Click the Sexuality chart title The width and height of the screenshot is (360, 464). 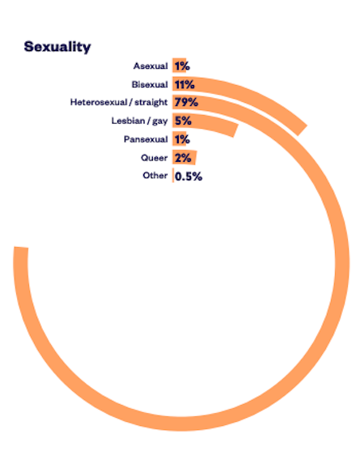tap(57, 47)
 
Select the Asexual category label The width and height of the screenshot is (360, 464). tap(150, 66)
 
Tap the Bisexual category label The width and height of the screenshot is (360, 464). tap(150, 84)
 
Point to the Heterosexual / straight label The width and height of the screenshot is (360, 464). tap(119, 102)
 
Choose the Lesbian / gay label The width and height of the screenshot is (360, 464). tap(139, 121)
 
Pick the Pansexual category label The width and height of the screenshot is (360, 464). tap(146, 139)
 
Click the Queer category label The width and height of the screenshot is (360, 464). tap(155, 158)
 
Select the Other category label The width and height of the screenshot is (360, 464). tap(155, 176)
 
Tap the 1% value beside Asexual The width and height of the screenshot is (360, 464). tap(182, 66)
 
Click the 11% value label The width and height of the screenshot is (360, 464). tap(184, 84)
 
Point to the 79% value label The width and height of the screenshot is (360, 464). tap(186, 102)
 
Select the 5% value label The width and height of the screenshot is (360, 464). tap(183, 121)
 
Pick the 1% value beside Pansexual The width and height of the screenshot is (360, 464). tap(182, 139)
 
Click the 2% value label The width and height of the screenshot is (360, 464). tap(183, 158)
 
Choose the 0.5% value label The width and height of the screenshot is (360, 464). tap(188, 177)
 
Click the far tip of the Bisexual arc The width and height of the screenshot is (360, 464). tap(303, 130)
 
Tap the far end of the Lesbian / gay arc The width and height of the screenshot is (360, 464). tap(235, 130)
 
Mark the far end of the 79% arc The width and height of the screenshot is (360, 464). tap(21, 248)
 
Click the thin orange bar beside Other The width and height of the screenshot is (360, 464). tap(173, 176)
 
